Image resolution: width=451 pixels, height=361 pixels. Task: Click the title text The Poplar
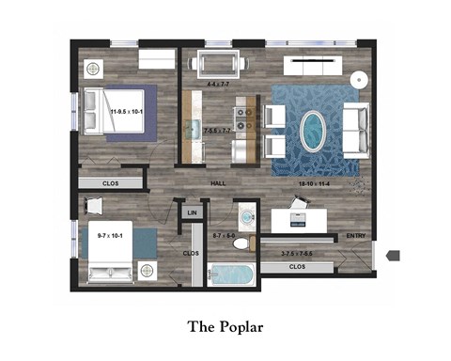coord(225,326)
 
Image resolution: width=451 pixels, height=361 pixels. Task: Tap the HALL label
coord(218,182)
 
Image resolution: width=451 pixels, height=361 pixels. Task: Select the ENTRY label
coord(356,236)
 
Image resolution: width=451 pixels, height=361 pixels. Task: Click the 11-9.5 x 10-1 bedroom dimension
coord(127,112)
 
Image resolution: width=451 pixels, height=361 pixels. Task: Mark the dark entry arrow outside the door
coord(394,254)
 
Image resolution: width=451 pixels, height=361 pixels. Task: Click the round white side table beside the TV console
coord(359,79)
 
